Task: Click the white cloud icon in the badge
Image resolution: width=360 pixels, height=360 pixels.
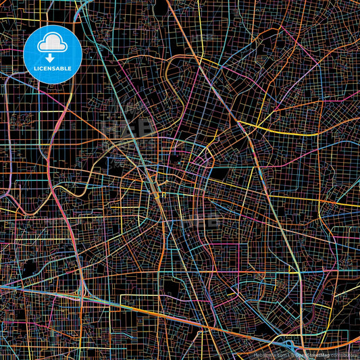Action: point(52,44)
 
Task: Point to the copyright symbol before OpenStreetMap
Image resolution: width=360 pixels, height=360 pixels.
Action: point(289,353)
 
